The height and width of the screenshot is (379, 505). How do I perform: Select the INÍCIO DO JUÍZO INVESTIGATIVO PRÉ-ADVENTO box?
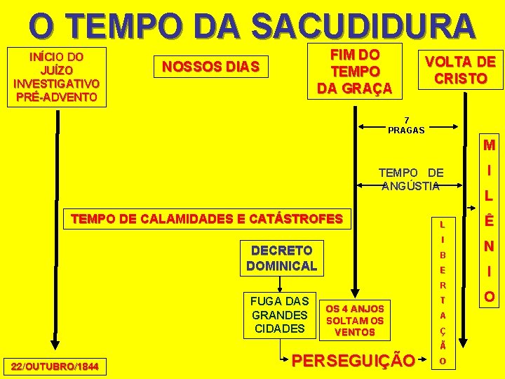click(x=56, y=77)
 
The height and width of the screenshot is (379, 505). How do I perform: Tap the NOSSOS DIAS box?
click(x=211, y=67)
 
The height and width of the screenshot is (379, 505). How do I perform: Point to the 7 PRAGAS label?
click(x=406, y=124)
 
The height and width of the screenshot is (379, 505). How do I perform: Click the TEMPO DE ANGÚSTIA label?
click(x=410, y=179)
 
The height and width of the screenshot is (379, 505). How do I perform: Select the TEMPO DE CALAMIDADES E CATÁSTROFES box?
click(x=207, y=219)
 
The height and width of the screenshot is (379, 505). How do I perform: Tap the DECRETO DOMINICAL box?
click(x=281, y=258)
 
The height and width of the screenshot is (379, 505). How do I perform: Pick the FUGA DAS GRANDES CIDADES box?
click(x=280, y=315)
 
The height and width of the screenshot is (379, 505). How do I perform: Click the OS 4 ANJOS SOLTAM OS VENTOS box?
click(x=355, y=319)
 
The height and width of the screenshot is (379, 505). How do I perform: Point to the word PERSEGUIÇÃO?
click(x=352, y=361)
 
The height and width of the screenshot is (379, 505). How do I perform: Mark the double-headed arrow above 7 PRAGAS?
click(x=410, y=127)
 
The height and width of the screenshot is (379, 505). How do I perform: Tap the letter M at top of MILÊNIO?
click(x=489, y=146)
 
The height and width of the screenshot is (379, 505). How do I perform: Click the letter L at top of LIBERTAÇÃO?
click(x=443, y=225)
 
